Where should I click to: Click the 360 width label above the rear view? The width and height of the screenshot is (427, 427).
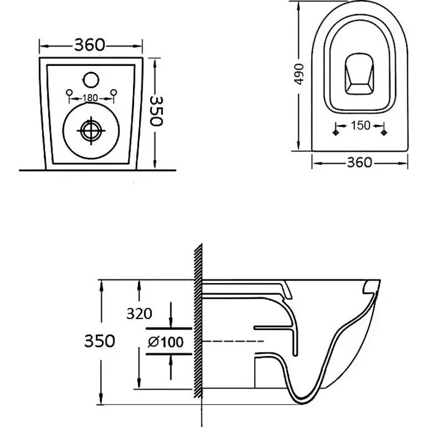(90, 45)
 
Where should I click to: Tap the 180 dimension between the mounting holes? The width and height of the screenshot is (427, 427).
(90, 98)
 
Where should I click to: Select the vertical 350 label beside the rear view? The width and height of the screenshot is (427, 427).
(157, 111)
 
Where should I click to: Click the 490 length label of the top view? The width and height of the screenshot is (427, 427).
(300, 74)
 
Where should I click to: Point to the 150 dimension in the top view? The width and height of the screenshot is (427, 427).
(361, 126)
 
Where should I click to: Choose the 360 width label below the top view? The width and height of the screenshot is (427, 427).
(359, 163)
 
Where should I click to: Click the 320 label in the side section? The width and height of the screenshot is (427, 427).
(139, 314)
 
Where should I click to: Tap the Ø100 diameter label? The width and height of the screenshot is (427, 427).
(165, 342)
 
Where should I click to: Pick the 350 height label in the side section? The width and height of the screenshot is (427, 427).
(99, 341)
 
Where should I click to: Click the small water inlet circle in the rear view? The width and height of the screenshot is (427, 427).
(91, 80)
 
